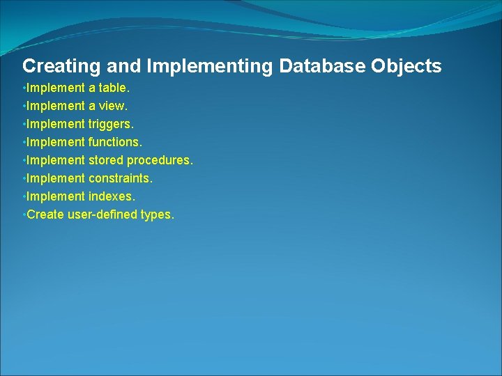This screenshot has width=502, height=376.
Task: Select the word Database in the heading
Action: point(322,66)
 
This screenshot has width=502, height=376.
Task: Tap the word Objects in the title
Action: point(406,66)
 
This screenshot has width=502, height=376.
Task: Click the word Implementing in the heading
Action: point(211,66)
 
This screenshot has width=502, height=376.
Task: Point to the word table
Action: point(114,88)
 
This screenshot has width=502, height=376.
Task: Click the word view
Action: point(114,107)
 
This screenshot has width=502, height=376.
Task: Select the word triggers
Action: point(111,124)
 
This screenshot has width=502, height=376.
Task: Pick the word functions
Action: point(115,142)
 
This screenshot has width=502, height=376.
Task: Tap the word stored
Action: point(105,160)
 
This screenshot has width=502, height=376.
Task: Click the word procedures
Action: point(160,160)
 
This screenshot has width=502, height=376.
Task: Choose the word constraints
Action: point(120,178)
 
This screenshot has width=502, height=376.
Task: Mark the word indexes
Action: point(112,196)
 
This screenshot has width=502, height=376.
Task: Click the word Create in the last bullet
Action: point(45,214)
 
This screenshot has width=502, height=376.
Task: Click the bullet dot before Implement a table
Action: point(24,88)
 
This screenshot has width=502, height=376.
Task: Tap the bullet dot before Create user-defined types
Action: point(24,214)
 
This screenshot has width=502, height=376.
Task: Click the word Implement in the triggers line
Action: point(56,124)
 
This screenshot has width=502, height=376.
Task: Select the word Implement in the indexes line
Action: point(56,196)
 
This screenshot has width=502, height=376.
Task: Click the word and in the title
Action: point(123,66)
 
